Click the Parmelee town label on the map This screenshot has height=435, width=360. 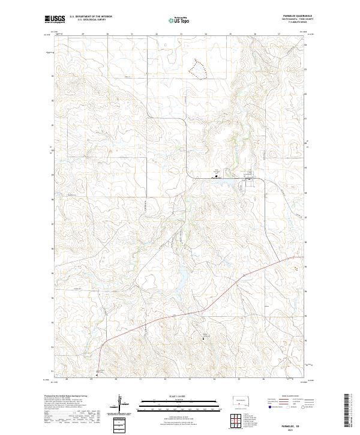pyautogui.click(x=217, y=178)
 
